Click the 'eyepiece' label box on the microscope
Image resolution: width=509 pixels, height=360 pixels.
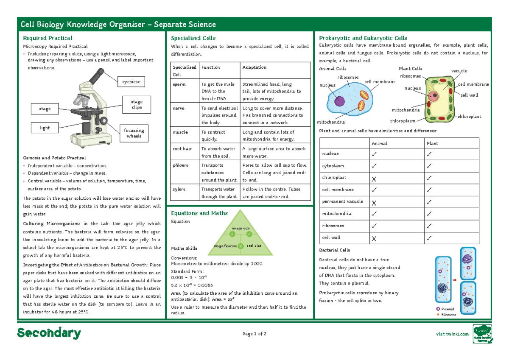(x=131, y=82)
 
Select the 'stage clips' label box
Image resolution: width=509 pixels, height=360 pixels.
(x=137, y=105)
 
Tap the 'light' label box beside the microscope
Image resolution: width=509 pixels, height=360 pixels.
(x=45, y=128)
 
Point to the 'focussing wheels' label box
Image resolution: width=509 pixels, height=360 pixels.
(x=134, y=133)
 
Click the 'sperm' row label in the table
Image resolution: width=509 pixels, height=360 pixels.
(x=179, y=84)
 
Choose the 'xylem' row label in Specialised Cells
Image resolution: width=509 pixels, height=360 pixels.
(x=179, y=189)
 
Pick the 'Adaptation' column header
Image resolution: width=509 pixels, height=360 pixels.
(x=255, y=67)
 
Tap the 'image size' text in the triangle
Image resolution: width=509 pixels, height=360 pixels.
(x=241, y=228)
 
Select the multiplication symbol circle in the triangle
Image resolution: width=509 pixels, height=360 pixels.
(x=241, y=246)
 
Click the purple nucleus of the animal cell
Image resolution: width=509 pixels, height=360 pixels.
(x=339, y=101)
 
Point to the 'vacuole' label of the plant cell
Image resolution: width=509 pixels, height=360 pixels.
(x=459, y=71)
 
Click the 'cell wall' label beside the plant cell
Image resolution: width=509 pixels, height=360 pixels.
(x=469, y=95)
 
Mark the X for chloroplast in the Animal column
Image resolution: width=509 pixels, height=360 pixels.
(x=374, y=179)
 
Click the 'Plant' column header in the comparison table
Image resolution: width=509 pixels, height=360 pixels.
(x=433, y=143)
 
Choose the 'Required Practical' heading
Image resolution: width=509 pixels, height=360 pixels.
(x=48, y=38)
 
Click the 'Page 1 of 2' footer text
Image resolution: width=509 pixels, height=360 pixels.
(x=255, y=334)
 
